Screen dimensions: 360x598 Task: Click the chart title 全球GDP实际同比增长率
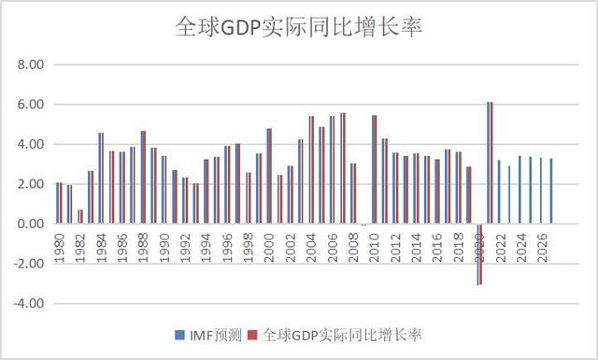(299, 27)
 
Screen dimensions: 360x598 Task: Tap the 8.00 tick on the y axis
(31, 65)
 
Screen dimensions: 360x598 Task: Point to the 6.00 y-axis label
(31, 105)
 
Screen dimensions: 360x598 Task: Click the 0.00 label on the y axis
(31, 224)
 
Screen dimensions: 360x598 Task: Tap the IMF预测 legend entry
(201, 335)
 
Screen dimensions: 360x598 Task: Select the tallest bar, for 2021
(491, 163)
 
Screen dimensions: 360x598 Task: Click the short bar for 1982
(80, 217)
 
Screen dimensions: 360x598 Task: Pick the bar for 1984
(101, 178)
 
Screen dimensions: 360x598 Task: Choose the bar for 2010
(375, 169)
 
